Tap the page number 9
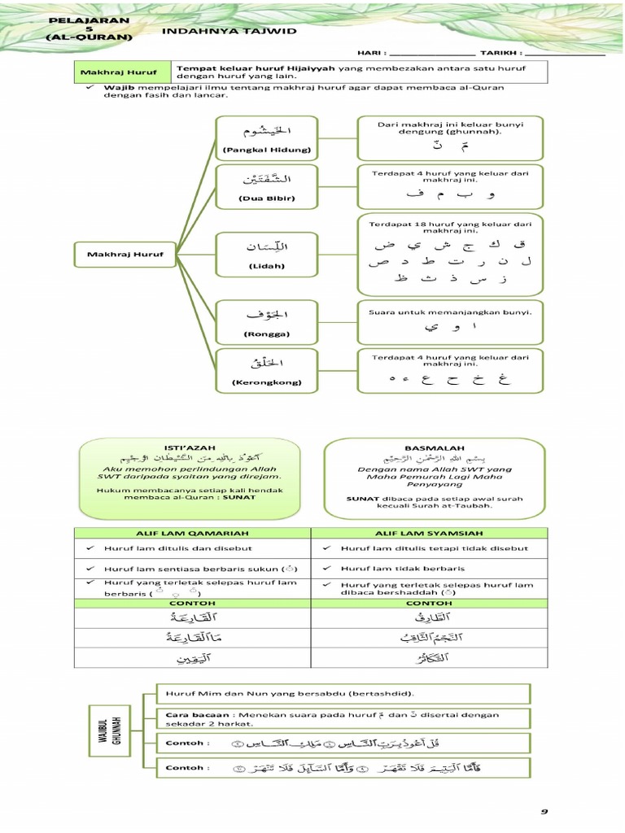click(x=544, y=811)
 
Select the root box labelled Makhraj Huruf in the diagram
click(x=125, y=255)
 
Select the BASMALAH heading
click(x=435, y=448)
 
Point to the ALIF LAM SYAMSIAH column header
click(x=433, y=533)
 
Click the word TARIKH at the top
click(x=496, y=54)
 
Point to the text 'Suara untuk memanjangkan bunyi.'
click(x=450, y=312)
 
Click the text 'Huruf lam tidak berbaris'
click(x=403, y=569)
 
